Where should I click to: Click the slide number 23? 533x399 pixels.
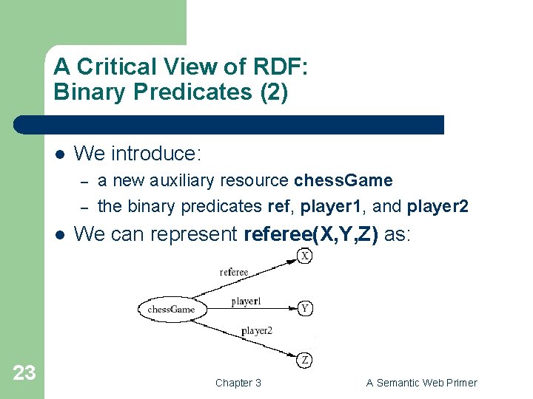pyautogui.click(x=24, y=373)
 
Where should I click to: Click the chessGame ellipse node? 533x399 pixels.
pyautogui.click(x=171, y=309)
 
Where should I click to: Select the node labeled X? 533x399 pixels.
pyautogui.click(x=305, y=256)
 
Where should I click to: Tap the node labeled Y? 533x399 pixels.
pyautogui.click(x=304, y=308)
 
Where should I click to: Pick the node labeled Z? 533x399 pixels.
pyautogui.click(x=305, y=361)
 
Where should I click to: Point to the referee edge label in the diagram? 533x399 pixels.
pyautogui.click(x=234, y=272)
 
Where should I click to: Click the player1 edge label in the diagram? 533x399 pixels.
pyautogui.click(x=246, y=301)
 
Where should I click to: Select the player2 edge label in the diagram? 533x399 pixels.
pyautogui.click(x=256, y=330)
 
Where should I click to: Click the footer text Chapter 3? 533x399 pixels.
pyautogui.click(x=238, y=383)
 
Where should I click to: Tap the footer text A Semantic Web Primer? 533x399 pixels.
pyautogui.click(x=421, y=383)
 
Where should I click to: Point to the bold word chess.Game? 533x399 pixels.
pyautogui.click(x=343, y=180)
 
